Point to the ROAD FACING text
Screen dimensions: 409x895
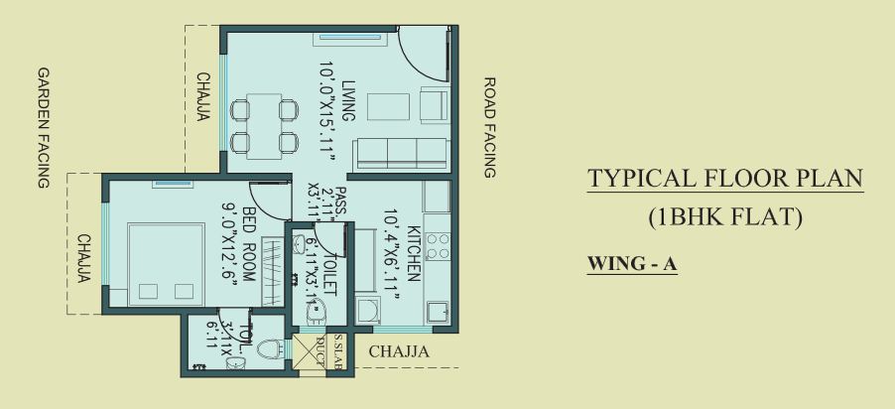coord(488,128)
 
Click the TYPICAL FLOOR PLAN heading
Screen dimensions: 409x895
coord(725,180)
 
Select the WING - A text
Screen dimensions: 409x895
coord(632,265)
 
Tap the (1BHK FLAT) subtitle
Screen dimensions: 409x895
coord(725,217)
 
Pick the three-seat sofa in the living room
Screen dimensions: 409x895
coord(400,152)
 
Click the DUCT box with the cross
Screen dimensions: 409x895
coord(307,351)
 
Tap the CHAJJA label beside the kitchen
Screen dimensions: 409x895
coord(398,351)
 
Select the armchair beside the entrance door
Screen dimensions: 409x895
coord(434,104)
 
